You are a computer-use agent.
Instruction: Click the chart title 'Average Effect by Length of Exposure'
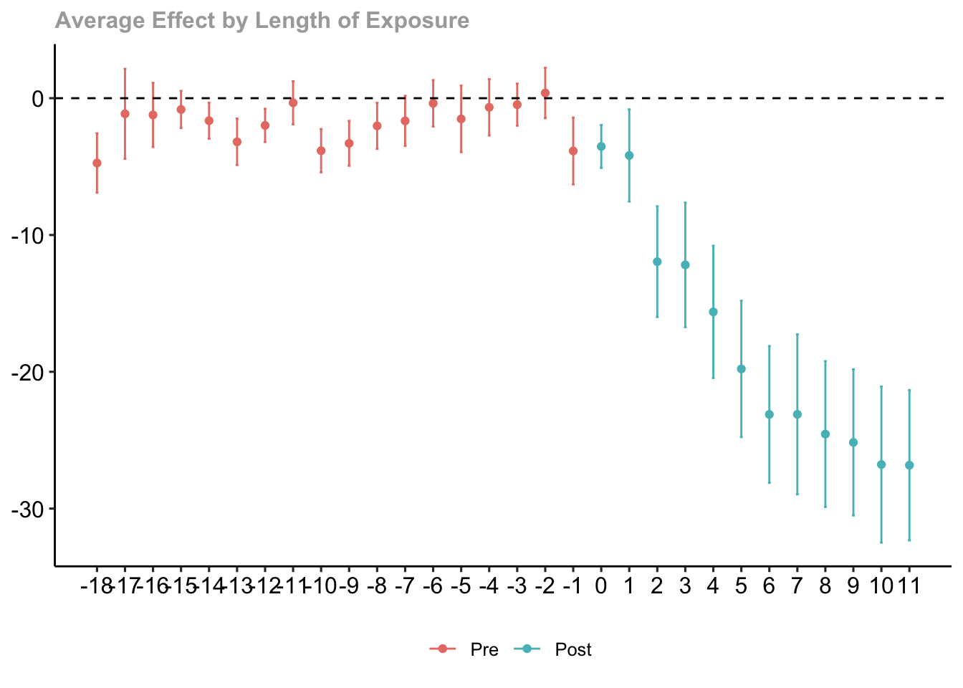tap(262, 21)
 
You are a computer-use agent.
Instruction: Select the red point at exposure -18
tap(97, 163)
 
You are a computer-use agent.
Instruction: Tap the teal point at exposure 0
tap(601, 146)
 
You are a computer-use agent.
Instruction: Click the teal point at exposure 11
tap(909, 465)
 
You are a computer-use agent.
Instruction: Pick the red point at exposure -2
tap(545, 93)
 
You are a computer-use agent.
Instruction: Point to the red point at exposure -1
tap(573, 151)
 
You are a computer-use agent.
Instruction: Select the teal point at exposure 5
tap(741, 369)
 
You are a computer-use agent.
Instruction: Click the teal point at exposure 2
tap(657, 262)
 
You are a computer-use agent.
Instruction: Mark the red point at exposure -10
tap(321, 150)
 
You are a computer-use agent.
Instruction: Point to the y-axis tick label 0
tap(37, 98)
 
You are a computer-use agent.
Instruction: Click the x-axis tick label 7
tap(797, 586)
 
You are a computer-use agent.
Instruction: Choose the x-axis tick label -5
tap(461, 586)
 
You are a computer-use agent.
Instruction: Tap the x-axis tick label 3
tap(685, 586)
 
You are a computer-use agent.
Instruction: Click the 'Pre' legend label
tap(484, 650)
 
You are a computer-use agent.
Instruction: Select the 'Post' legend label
tap(573, 650)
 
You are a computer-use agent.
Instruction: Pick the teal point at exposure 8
tap(825, 434)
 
